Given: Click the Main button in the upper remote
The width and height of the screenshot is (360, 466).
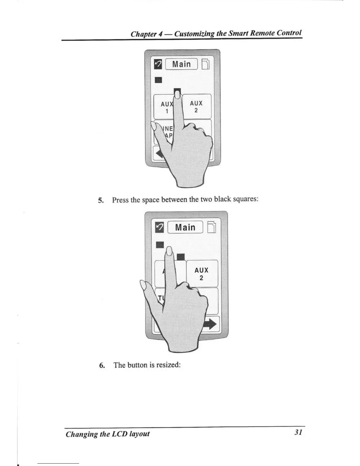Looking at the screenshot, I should pos(181,64).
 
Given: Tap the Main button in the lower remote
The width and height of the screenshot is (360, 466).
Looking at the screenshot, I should pos(185,227).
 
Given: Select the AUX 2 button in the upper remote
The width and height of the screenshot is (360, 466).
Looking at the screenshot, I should pos(196,106).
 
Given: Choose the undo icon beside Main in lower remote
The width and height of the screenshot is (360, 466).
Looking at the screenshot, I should pos(160,227).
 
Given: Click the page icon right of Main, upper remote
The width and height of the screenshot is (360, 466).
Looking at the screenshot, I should pos(206,64).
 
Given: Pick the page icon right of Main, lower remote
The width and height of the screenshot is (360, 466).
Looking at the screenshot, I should pos(211,227).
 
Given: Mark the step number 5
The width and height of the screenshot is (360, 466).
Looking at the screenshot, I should pos(100,200).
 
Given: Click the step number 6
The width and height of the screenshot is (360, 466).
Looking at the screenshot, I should pos(102,365).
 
